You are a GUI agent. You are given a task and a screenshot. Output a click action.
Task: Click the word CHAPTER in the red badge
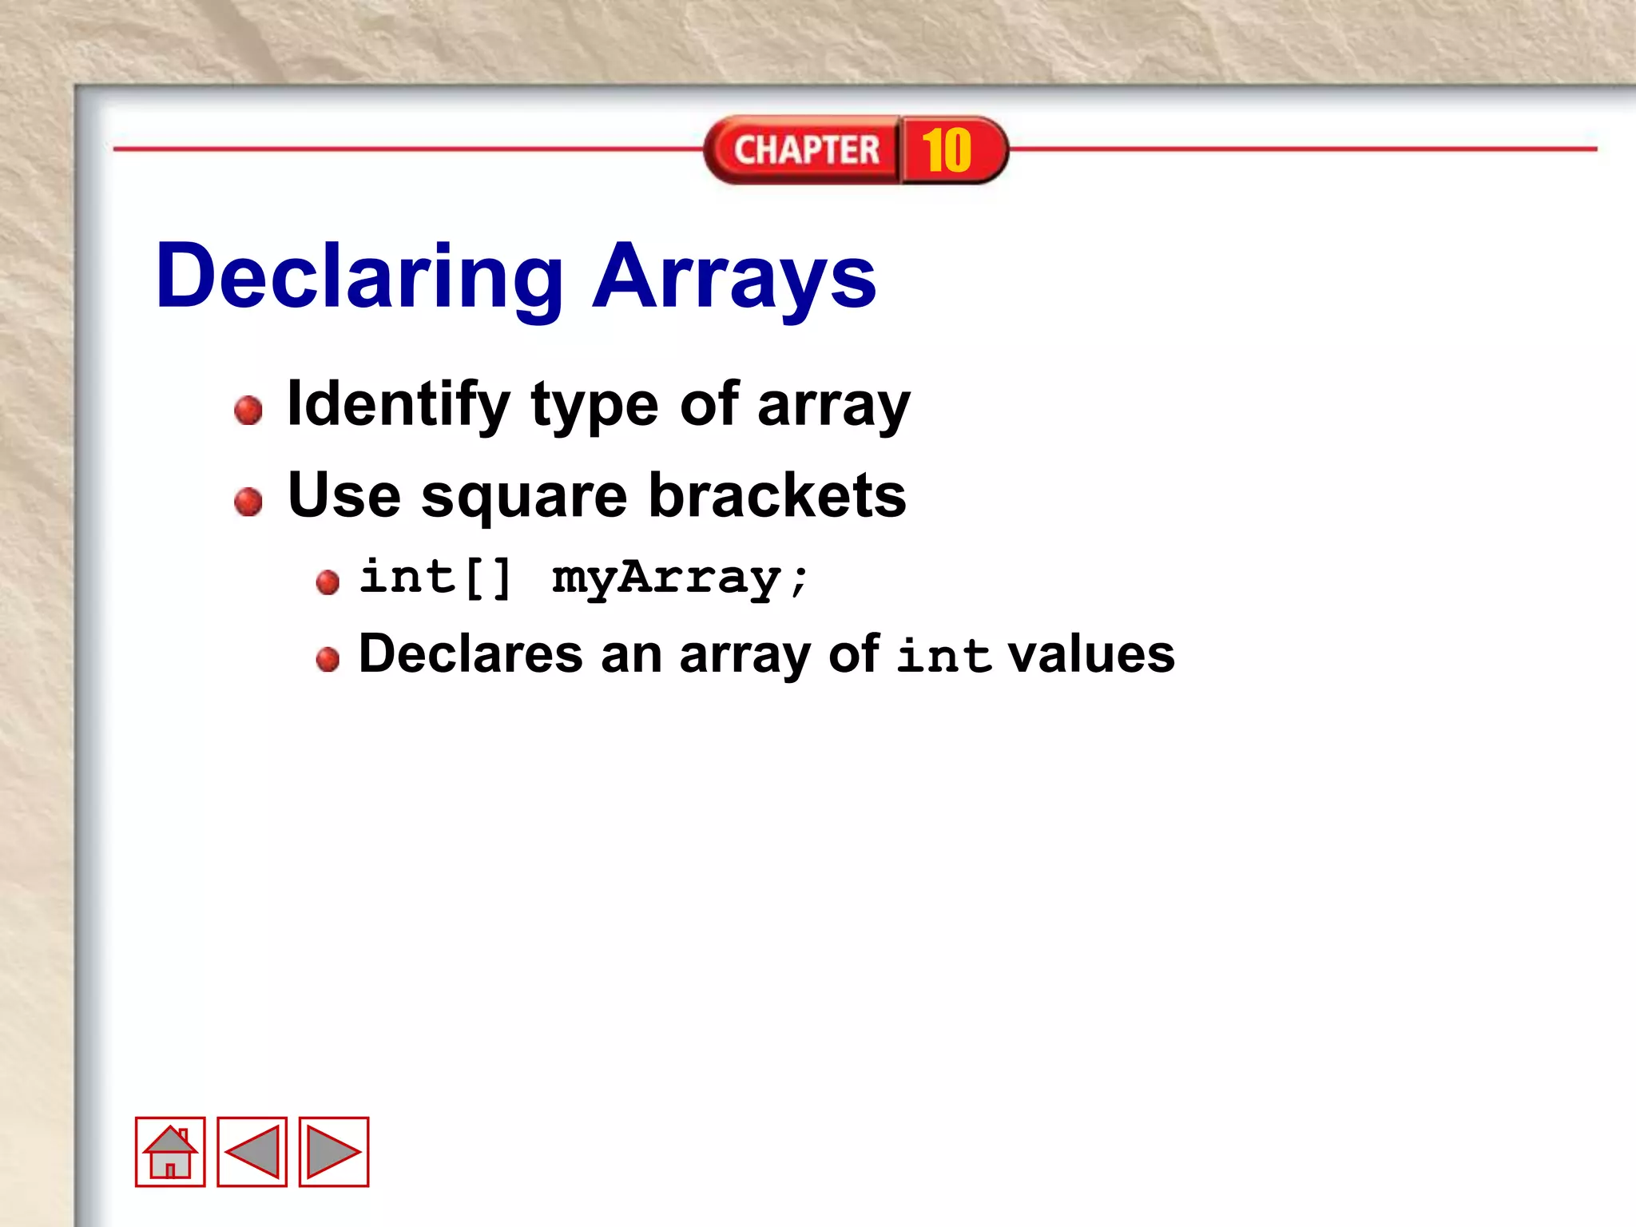point(806,150)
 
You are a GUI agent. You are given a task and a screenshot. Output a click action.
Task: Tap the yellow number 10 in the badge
point(947,150)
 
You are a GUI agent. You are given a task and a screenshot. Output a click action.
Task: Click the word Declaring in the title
point(359,278)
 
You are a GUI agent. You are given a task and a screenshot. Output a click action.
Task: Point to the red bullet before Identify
point(248,410)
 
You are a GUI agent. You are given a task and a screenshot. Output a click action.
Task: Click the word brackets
point(777,495)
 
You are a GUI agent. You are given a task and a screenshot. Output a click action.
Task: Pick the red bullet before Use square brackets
point(248,502)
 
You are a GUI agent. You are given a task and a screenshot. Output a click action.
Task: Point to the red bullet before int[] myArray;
point(328,582)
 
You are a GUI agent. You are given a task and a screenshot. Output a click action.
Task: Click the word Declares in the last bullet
point(471,654)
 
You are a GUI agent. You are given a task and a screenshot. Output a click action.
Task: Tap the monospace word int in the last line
point(943,656)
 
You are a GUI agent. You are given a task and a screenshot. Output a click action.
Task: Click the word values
point(1091,654)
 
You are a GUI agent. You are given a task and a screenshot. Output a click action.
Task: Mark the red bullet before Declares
point(328,660)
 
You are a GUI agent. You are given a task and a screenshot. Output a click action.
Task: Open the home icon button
point(170,1152)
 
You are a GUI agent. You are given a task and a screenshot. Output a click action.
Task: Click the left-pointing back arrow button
point(252,1152)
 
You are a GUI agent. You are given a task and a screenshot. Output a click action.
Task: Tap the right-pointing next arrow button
point(334,1152)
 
